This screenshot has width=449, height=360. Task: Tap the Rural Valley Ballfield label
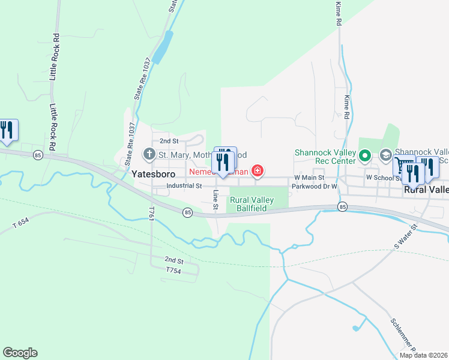click(252, 204)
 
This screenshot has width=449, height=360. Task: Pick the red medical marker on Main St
click(258, 172)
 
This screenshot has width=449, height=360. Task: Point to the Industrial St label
click(184, 186)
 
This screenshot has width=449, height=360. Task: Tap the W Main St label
click(309, 178)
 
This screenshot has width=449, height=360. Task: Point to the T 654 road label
click(20, 222)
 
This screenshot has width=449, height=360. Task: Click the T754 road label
click(173, 271)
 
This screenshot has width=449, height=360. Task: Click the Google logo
click(20, 353)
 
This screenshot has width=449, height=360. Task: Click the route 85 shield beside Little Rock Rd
click(38, 154)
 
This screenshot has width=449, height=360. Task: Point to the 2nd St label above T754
click(174, 260)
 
